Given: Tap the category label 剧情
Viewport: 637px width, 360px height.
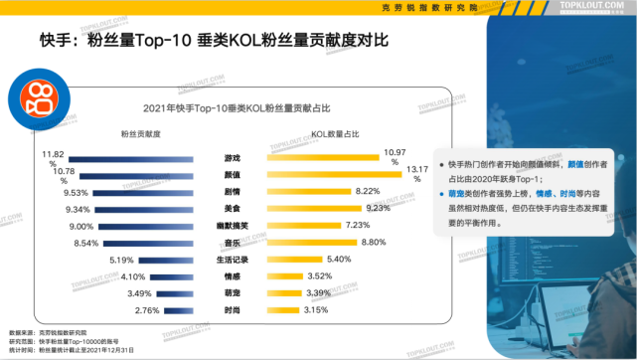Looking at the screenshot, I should (232, 192).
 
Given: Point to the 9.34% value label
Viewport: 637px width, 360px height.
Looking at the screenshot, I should (77, 210).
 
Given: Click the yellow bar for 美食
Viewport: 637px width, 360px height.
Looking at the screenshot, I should (315, 209).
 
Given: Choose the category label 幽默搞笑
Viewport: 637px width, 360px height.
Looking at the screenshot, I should (232, 226).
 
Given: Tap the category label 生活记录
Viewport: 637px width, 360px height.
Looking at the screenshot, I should (232, 260).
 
